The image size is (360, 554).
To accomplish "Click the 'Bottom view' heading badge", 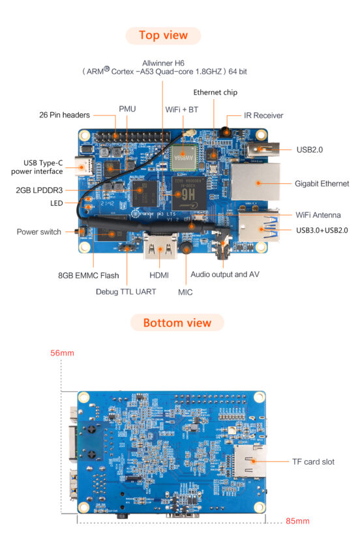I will pyautogui.click(x=177, y=323).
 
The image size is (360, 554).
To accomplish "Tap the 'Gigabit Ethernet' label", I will pyautogui.click(x=322, y=184).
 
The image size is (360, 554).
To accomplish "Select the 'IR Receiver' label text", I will pyautogui.click(x=263, y=115).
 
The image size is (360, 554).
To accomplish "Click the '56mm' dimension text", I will pyautogui.click(x=62, y=353).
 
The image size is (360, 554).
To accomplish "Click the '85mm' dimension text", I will pyautogui.click(x=297, y=521).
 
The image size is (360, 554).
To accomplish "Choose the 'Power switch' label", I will pyautogui.click(x=39, y=231).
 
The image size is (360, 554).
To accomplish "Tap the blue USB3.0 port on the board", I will pyautogui.click(x=257, y=228).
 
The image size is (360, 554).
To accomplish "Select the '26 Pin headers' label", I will pyautogui.click(x=64, y=115).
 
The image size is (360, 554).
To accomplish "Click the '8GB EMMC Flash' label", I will pyautogui.click(x=88, y=276).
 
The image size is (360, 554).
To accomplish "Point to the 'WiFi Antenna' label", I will pyautogui.click(x=318, y=214).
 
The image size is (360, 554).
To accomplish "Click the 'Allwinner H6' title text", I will pyautogui.click(x=164, y=63).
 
